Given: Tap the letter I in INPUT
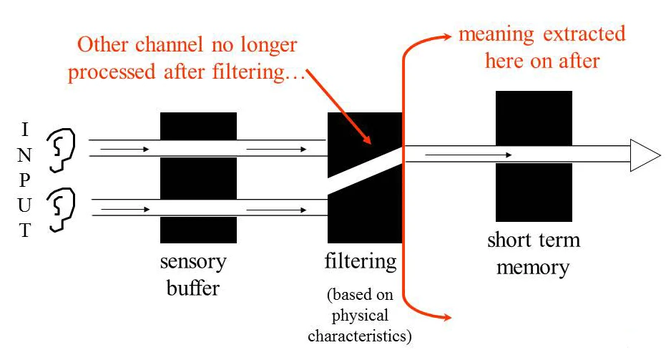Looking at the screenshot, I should pyautogui.click(x=26, y=130).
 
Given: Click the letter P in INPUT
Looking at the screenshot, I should pyautogui.click(x=26, y=180).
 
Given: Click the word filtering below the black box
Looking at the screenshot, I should pyautogui.click(x=361, y=261).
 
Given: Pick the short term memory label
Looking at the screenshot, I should pyautogui.click(x=533, y=253).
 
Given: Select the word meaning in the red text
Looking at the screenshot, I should pyautogui.click(x=491, y=34).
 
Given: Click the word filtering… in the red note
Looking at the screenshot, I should pyautogui.click(x=267, y=72).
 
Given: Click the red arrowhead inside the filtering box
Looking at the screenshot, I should pyautogui.click(x=366, y=140).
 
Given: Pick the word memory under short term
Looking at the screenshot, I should pyautogui.click(x=533, y=268).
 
